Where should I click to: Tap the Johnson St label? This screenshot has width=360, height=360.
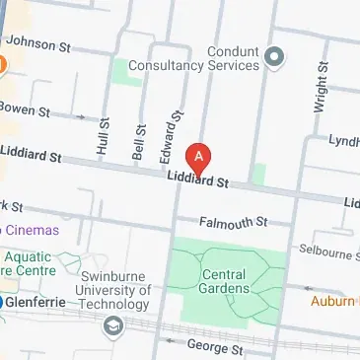click(38, 44)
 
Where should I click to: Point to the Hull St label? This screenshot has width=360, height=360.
click(104, 137)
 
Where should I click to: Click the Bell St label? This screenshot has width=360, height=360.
click(138, 143)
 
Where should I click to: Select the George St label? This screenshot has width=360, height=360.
click(214, 348)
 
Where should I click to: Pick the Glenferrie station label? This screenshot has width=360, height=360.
click(36, 303)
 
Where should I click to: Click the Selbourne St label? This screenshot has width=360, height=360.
click(330, 254)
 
